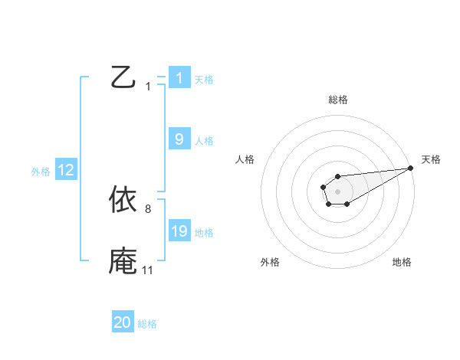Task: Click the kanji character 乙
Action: click(123, 78)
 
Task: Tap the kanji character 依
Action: click(123, 200)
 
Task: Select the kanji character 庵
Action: click(123, 261)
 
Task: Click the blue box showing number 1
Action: click(179, 78)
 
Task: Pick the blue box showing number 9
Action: click(179, 139)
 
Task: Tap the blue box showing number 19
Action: click(179, 231)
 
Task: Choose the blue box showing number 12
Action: click(66, 170)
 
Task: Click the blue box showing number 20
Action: click(123, 322)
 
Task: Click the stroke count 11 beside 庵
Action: click(147, 270)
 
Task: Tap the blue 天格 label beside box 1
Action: click(204, 79)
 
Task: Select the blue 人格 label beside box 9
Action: click(204, 140)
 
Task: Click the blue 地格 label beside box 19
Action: click(204, 232)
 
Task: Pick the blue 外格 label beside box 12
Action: click(41, 172)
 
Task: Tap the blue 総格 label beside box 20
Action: click(147, 324)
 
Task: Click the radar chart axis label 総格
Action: click(337, 100)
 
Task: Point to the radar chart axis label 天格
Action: click(431, 159)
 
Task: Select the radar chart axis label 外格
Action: click(270, 262)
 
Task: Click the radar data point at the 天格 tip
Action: click(410, 168)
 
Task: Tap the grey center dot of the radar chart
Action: click(337, 191)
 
